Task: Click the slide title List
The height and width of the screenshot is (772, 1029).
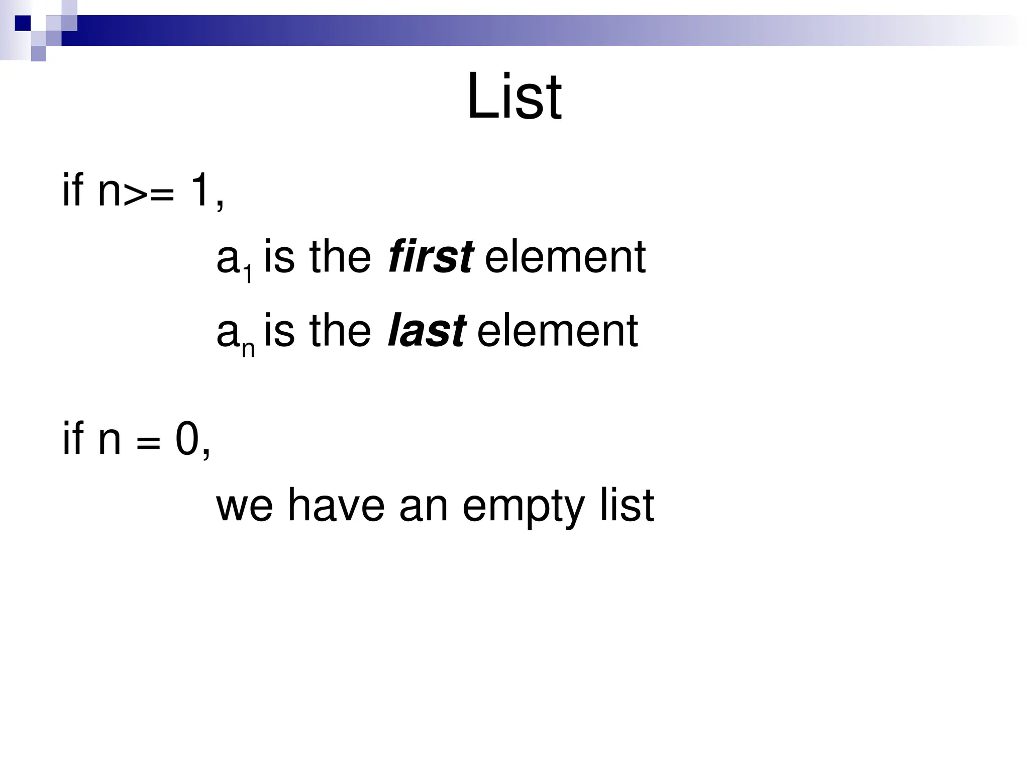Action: pyautogui.click(x=514, y=97)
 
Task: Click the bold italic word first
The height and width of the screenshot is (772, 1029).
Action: pyautogui.click(x=431, y=257)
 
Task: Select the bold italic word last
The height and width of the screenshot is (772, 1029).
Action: pyautogui.click(x=426, y=331)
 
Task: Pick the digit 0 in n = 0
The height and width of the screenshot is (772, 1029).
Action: pyautogui.click(x=187, y=439)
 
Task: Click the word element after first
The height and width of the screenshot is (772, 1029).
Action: pyautogui.click(x=565, y=257)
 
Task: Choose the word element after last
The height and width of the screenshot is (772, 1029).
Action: pyautogui.click(x=557, y=331)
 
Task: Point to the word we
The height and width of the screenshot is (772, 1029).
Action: pyautogui.click(x=245, y=507)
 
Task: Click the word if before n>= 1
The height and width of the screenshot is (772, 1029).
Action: pyautogui.click(x=72, y=189)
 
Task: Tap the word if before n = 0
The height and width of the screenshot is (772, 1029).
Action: pyautogui.click(x=72, y=439)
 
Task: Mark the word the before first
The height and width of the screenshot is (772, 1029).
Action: pyautogui.click(x=341, y=257)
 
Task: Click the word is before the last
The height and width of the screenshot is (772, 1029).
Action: pyautogui.click(x=279, y=331)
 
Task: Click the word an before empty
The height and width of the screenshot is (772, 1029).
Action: pyautogui.click(x=424, y=507)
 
